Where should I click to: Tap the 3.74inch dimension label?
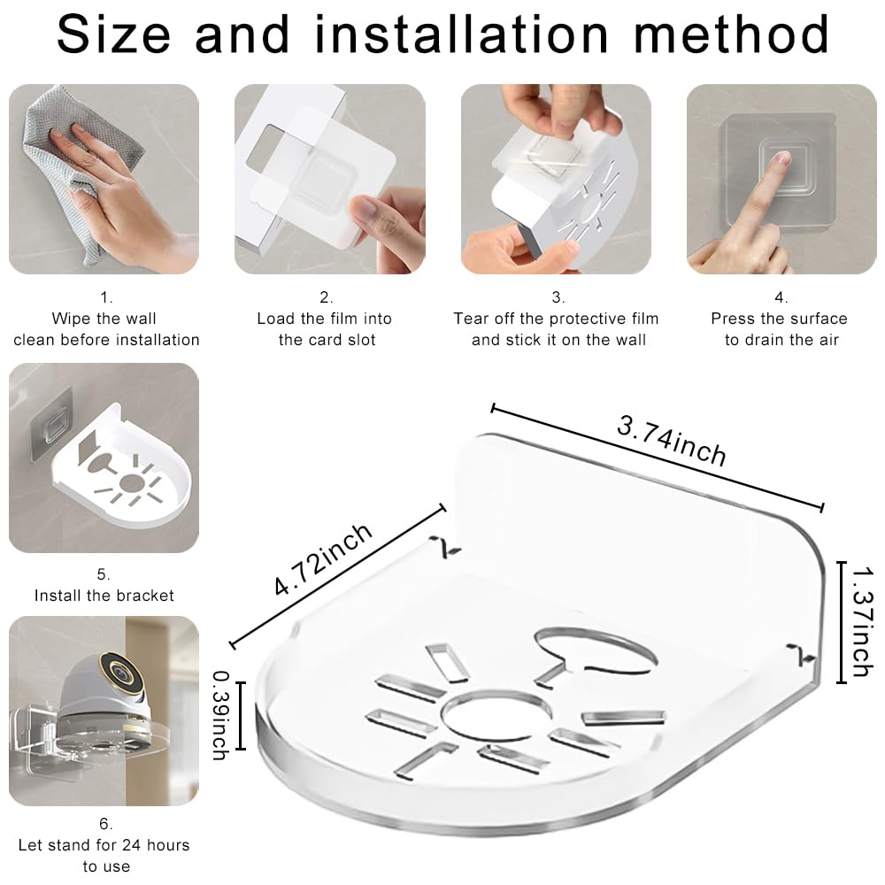[x=672, y=441]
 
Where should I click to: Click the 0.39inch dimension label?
[x=220, y=715]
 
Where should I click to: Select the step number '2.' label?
[x=327, y=297]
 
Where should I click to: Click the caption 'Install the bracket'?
[x=104, y=596]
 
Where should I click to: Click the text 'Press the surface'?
[x=780, y=319]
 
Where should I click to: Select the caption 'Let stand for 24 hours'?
[x=104, y=845]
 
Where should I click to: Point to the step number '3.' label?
[x=558, y=297]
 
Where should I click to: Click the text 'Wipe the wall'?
[x=104, y=319]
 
